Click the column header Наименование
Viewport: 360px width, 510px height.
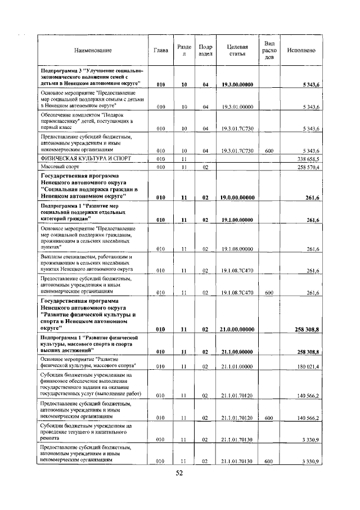[93, 51]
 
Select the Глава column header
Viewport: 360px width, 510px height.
[160, 51]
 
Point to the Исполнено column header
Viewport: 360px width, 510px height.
[301, 51]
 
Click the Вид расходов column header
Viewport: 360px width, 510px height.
[269, 51]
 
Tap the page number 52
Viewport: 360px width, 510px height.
[179, 474]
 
